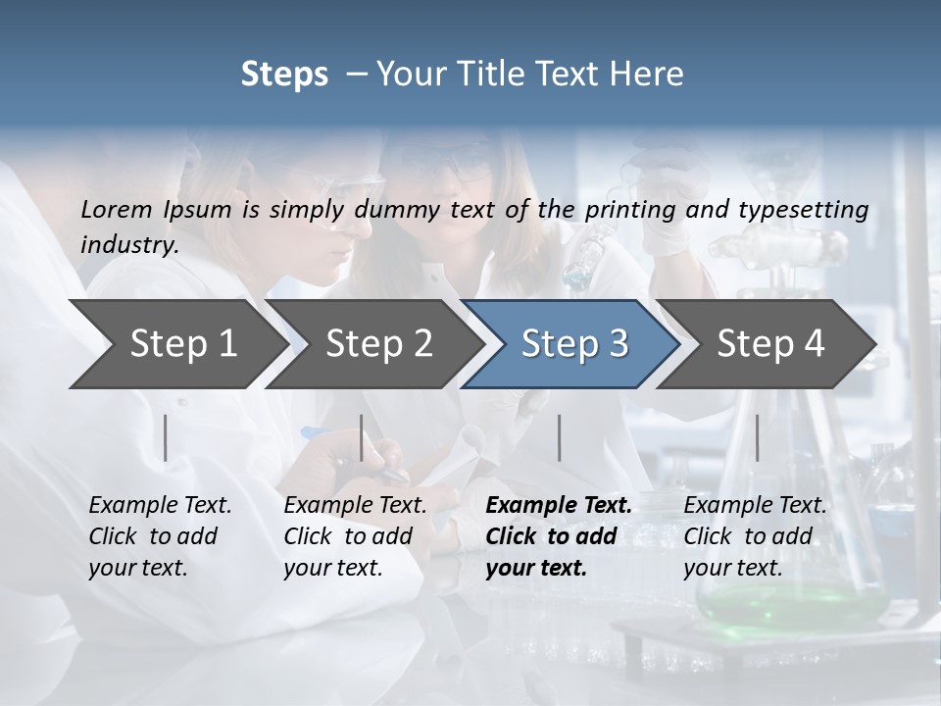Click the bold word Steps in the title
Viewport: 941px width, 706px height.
click(284, 74)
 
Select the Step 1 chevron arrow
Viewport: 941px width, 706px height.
click(176, 343)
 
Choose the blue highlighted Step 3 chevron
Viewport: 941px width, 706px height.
click(573, 343)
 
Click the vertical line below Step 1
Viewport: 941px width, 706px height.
click(166, 437)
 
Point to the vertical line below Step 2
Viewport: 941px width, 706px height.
click(362, 437)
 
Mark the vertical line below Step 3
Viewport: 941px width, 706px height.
click(559, 437)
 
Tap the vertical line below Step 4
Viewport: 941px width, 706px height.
click(757, 437)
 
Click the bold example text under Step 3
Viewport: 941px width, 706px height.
click(558, 536)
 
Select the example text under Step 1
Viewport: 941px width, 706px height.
click(160, 536)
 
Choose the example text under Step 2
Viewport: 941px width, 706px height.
click(355, 536)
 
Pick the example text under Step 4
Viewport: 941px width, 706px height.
click(755, 536)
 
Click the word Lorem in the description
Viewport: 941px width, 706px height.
click(117, 209)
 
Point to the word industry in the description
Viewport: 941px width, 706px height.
click(129, 244)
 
